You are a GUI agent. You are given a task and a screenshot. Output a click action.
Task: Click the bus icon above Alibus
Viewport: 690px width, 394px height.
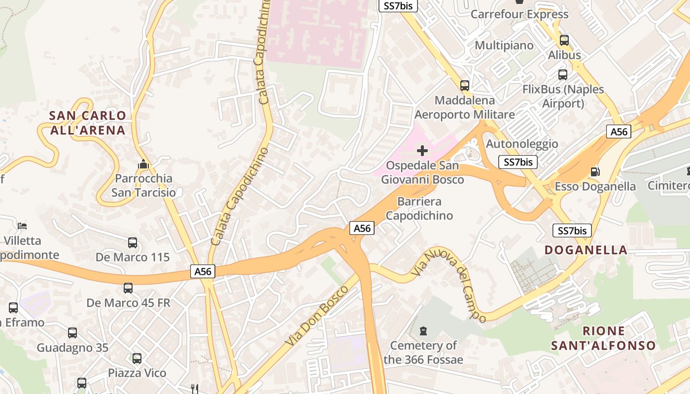(564, 40)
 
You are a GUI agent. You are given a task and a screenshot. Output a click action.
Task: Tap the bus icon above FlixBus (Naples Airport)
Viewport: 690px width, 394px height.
(563, 75)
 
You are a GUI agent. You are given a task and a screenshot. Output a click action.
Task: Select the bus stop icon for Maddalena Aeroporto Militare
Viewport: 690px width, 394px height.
(465, 86)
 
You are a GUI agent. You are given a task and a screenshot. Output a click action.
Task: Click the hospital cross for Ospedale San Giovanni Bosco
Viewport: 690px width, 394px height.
(422, 151)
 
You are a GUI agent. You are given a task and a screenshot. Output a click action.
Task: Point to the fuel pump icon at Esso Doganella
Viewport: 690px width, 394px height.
(595, 172)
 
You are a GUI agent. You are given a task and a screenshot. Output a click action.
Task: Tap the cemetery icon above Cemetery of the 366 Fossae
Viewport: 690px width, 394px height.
(423, 330)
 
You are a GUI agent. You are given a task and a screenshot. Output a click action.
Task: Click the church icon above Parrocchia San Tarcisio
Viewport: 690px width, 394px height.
(143, 164)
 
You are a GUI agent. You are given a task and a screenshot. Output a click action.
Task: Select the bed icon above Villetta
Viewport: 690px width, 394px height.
(22, 226)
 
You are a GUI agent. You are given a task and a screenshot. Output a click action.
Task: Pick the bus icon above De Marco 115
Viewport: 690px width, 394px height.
(133, 242)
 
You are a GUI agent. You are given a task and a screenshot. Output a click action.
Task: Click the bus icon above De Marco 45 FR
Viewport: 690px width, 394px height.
(128, 288)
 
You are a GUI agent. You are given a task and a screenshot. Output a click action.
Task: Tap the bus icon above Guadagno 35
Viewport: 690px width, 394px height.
(72, 333)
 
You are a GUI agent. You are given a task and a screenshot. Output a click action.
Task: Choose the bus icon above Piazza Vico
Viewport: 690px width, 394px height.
(137, 359)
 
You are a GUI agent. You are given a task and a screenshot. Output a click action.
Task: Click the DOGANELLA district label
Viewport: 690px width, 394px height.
(586, 250)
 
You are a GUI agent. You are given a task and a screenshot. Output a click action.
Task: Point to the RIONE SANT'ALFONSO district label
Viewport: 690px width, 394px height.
(603, 338)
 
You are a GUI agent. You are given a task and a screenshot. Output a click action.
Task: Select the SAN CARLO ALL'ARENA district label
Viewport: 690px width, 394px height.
(88, 123)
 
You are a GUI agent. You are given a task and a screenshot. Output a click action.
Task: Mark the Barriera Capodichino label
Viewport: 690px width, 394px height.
(419, 208)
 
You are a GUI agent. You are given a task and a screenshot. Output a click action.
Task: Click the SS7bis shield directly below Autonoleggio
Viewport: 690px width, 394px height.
(517, 162)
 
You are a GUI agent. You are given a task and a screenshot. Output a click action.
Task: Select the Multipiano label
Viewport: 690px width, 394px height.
(504, 45)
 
